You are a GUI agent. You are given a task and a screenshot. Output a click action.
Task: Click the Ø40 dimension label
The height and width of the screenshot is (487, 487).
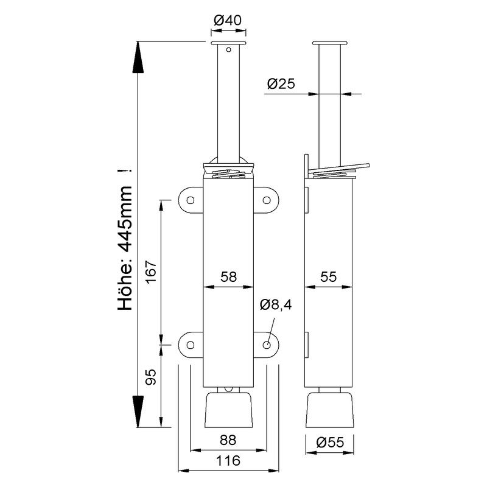(x=228, y=20)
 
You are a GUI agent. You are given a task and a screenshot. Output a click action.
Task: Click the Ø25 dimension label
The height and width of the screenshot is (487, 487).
(x=281, y=85)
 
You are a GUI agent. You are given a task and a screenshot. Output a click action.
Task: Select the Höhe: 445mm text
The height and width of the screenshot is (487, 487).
(x=125, y=240)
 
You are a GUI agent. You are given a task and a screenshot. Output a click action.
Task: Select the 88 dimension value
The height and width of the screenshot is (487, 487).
(x=228, y=440)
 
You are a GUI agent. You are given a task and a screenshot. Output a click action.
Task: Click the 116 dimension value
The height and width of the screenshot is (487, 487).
(x=228, y=461)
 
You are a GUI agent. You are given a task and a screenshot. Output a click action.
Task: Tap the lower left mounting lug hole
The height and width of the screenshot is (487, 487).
(x=190, y=345)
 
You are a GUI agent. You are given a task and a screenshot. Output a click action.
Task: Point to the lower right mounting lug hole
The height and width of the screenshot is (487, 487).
(x=267, y=345)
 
